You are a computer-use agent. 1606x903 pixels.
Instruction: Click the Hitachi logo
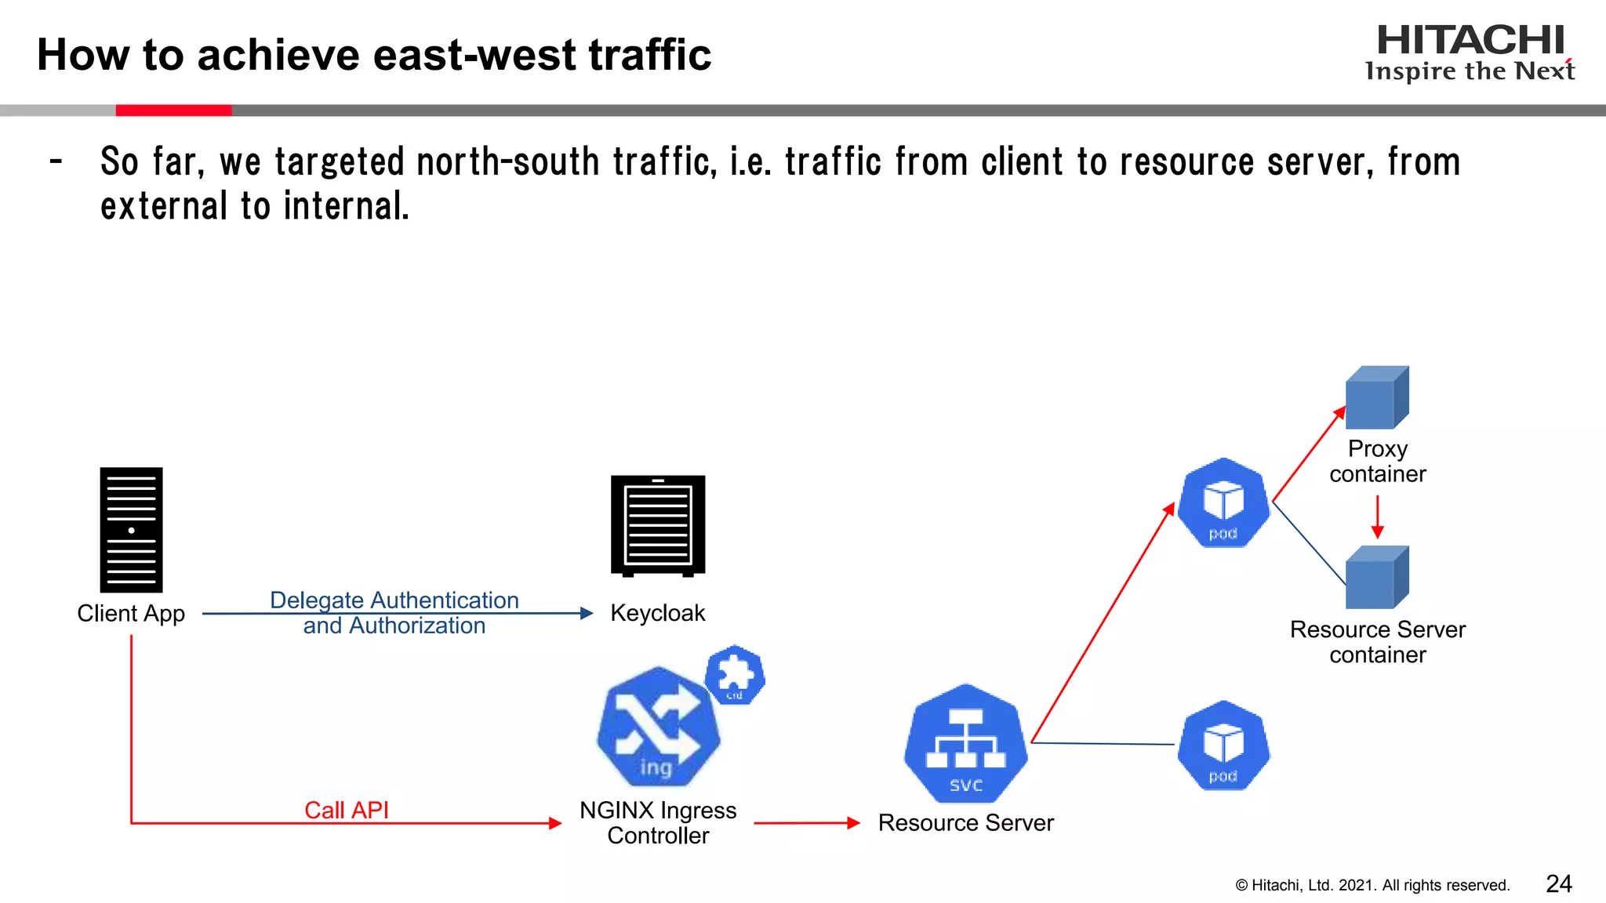pyautogui.click(x=1470, y=52)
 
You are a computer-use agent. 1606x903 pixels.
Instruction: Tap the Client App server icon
pyautogui.click(x=131, y=530)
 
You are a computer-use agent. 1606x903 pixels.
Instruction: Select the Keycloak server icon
pyautogui.click(x=658, y=525)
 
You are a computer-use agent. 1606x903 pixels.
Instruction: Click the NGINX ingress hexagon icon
pyautogui.click(x=657, y=727)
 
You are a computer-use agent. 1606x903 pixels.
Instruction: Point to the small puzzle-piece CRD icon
pyautogui.click(x=735, y=674)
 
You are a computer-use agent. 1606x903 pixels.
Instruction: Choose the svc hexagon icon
pyautogui.click(x=965, y=744)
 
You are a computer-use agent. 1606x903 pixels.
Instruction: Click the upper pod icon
pyautogui.click(x=1223, y=503)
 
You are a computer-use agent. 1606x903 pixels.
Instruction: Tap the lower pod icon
pyautogui.click(x=1223, y=745)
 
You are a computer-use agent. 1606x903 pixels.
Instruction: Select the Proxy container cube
pyautogui.click(x=1377, y=397)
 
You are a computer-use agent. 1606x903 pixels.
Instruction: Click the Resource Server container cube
pyautogui.click(x=1377, y=578)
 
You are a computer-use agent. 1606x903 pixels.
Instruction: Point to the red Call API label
pyautogui.click(x=347, y=810)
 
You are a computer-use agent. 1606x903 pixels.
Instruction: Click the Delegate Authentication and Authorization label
pyautogui.click(x=394, y=613)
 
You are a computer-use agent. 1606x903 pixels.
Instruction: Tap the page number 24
pyautogui.click(x=1558, y=883)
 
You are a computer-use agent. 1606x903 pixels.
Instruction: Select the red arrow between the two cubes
pyautogui.click(x=1377, y=517)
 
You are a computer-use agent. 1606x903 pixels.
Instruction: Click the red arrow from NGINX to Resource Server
pyautogui.click(x=807, y=823)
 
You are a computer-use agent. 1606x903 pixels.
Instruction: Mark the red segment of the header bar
pyautogui.click(x=173, y=111)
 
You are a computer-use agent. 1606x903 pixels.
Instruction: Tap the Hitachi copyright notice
pyautogui.click(x=1372, y=885)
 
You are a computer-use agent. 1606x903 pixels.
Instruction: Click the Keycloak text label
pyautogui.click(x=657, y=613)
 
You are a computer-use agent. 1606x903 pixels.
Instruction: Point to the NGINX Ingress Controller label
pyautogui.click(x=658, y=822)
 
